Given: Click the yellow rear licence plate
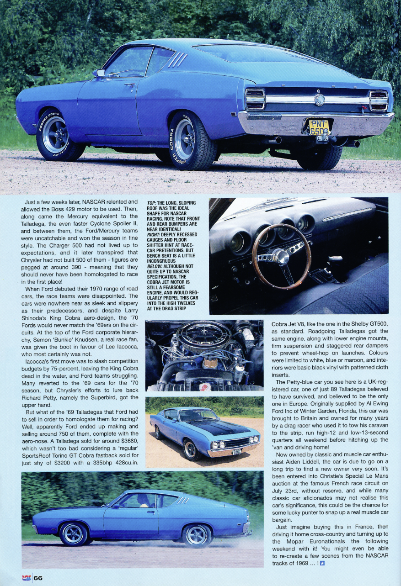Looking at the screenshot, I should coord(319,127).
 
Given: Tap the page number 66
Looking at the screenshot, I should coord(37,578).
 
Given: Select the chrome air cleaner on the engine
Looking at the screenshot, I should coord(203,336).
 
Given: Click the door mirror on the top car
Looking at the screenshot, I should coord(99,73).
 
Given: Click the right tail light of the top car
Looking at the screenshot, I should coord(379,100).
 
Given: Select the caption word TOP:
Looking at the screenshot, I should coord(152,203).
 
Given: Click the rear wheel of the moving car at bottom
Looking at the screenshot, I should coord(196,535).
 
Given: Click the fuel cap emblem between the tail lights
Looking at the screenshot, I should coord(320,100).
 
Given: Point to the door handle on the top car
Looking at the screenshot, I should coord(130,84).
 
